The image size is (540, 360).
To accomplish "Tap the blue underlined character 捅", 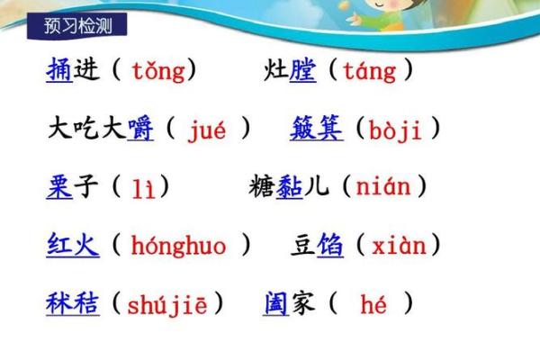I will point(59,70).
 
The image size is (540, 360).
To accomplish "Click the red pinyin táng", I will point(368,70).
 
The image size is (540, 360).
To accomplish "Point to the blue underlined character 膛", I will point(302,70).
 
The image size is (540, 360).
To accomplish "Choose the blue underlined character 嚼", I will point(140,129).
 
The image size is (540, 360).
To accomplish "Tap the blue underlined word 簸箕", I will point(316,129).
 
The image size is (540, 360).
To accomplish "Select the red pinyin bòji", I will point(397,130).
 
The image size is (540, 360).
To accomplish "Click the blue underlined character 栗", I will point(59,186).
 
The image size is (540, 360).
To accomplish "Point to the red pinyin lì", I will point(142,188).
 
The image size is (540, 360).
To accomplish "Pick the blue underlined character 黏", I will point(289,186).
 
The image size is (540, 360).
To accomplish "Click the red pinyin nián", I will point(382,187).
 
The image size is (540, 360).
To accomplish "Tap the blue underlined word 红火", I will point(73,244).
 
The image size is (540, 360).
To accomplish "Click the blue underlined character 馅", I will point(330,244).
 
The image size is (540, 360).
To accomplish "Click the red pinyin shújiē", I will point(167,304).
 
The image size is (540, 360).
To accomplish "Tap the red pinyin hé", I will point(373,304).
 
